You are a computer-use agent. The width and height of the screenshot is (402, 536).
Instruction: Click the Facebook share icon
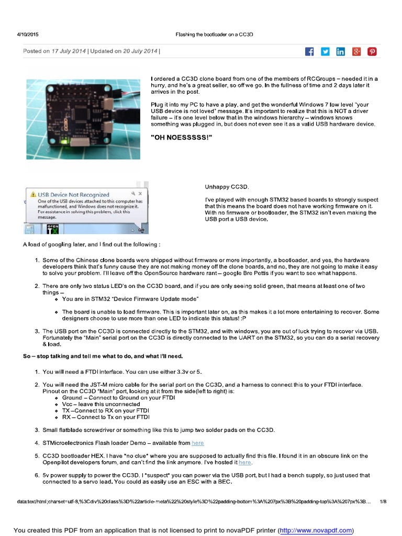tap(309, 51)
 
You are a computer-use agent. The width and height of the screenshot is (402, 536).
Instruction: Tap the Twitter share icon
tap(325, 51)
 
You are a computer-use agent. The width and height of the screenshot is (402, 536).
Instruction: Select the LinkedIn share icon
tap(341, 51)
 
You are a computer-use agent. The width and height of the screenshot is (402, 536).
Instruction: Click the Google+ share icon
tap(356, 51)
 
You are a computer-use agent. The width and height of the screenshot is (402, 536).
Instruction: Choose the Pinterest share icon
tap(372, 51)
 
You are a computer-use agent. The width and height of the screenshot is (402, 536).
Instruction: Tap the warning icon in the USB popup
tap(33, 195)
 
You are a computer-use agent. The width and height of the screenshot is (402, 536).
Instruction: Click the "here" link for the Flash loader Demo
tap(197, 443)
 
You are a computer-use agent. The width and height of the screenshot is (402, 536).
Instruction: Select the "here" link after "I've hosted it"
tap(245, 463)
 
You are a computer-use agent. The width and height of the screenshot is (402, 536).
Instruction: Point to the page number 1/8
tap(383, 501)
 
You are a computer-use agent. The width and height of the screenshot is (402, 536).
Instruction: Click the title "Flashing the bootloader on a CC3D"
tap(215, 35)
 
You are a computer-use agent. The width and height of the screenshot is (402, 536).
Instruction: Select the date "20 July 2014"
tap(140, 51)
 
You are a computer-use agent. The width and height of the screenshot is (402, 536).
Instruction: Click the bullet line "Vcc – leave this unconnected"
tap(101, 404)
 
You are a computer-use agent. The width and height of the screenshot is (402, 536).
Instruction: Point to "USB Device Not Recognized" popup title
tap(73, 195)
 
